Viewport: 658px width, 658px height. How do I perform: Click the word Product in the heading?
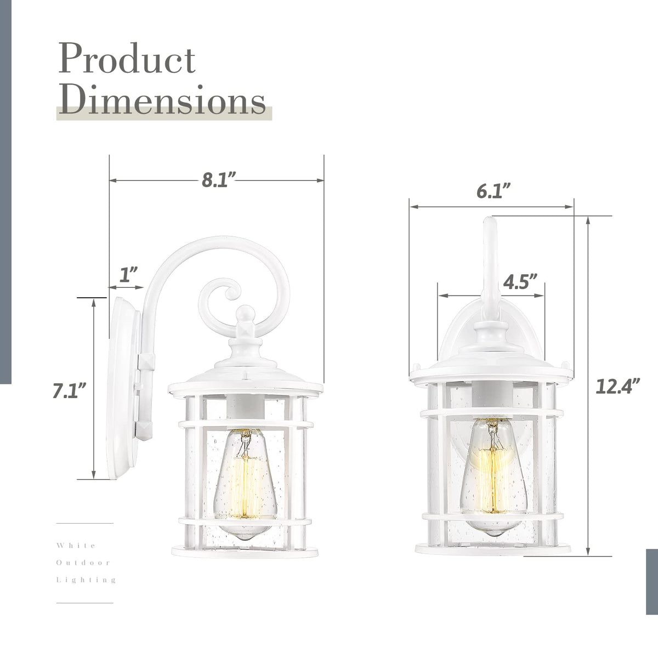tap(127, 60)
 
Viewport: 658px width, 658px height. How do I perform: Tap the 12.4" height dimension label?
tap(618, 387)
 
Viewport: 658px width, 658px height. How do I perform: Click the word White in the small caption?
tap(76, 546)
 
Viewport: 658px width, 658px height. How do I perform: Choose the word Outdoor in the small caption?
tap(84, 563)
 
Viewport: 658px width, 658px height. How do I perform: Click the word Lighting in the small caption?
tap(87, 580)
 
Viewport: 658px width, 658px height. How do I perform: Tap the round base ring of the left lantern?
tap(241, 550)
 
